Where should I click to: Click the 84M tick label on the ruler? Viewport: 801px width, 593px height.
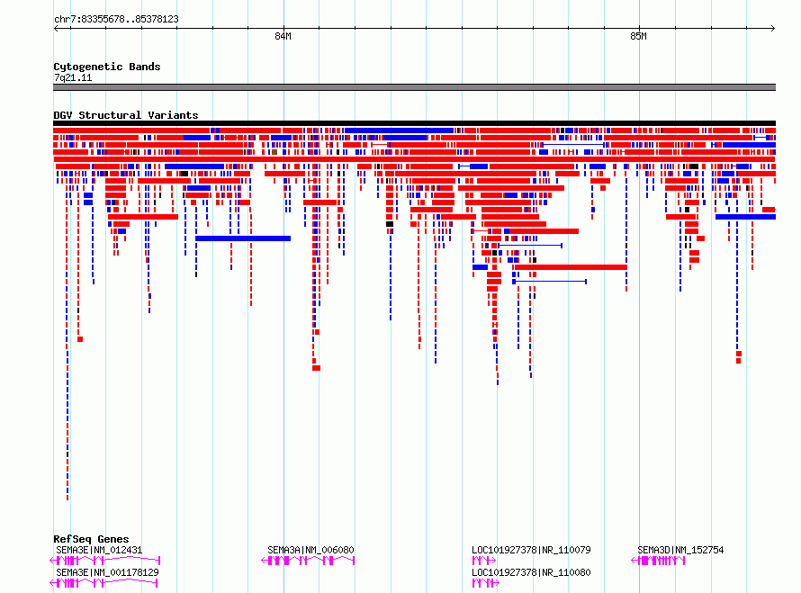pyautogui.click(x=283, y=36)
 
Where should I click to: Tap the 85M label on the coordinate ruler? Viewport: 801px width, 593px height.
pyautogui.click(x=638, y=36)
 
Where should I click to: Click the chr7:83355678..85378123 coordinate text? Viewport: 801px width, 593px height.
pyautogui.click(x=116, y=20)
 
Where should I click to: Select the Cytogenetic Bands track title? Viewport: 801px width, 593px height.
pyautogui.click(x=107, y=67)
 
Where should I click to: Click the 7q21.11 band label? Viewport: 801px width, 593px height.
pyautogui.click(x=73, y=77)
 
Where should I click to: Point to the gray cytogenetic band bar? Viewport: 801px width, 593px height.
pyautogui.click(x=414, y=87)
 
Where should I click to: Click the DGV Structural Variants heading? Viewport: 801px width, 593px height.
pyautogui.click(x=126, y=115)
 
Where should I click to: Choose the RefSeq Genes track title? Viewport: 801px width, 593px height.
pyautogui.click(x=91, y=539)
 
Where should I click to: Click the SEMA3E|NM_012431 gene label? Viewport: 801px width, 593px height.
pyautogui.click(x=99, y=550)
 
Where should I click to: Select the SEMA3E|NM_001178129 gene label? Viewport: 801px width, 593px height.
pyautogui.click(x=107, y=572)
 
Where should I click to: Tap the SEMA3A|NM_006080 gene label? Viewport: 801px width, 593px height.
pyautogui.click(x=310, y=550)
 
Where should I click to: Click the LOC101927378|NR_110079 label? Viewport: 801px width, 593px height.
pyautogui.click(x=531, y=550)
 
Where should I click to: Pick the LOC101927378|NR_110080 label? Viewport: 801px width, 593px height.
pyautogui.click(x=531, y=572)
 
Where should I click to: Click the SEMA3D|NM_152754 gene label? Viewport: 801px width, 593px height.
pyautogui.click(x=680, y=550)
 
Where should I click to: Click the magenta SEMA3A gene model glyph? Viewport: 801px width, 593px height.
pyautogui.click(x=308, y=561)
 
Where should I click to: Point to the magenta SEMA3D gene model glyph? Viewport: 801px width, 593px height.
pyautogui.click(x=658, y=561)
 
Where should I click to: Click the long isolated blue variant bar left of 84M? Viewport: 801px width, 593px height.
pyautogui.click(x=243, y=238)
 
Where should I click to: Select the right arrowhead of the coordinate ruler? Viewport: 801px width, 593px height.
pyautogui.click(x=773, y=29)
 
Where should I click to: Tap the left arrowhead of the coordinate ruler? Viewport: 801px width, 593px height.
pyautogui.click(x=56, y=29)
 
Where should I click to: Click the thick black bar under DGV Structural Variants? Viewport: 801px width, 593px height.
pyautogui.click(x=414, y=123)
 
